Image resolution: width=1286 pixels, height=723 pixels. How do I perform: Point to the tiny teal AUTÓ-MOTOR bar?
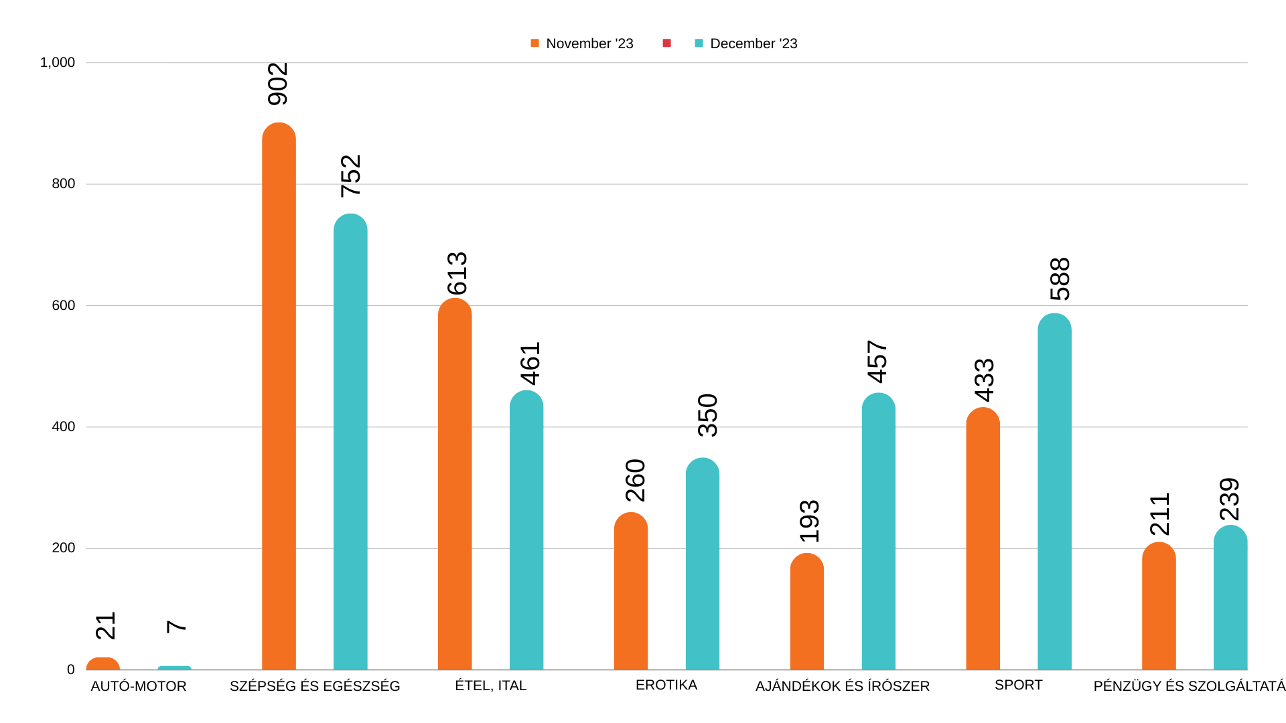coord(174,667)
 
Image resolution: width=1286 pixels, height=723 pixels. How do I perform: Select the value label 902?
coord(278,84)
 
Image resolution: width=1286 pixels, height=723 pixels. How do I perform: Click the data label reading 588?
coord(1060,279)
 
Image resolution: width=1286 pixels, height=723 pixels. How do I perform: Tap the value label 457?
coord(877,361)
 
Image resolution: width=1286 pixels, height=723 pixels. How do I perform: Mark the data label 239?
coord(1230,499)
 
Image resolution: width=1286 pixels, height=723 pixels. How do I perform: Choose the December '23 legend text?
coord(754,44)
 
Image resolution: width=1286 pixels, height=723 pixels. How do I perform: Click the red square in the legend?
coord(666,44)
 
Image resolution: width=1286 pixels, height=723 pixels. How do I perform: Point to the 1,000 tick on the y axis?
coord(58,62)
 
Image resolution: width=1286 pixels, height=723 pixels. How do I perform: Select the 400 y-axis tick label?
coord(64,426)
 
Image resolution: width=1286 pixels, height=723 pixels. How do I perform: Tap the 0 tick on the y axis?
coord(71,669)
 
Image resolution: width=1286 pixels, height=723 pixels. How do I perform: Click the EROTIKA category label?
coord(666,685)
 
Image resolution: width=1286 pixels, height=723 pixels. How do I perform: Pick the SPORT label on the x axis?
coord(1018,685)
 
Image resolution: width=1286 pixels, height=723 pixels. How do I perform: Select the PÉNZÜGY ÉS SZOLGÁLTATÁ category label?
coord(1189,686)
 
